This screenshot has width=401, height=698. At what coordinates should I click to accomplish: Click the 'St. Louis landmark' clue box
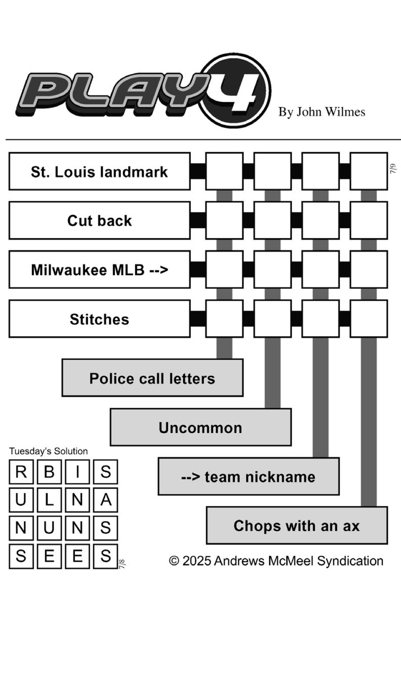(100, 171)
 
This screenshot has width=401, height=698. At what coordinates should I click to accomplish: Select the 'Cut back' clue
(100, 221)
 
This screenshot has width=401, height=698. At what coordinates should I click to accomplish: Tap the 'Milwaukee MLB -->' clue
(100, 270)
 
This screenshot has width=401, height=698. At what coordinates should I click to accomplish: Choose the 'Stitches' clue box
(100, 319)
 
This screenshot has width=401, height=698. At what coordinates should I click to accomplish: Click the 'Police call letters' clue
(152, 378)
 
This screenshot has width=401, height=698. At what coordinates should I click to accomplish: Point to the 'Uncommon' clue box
(201, 427)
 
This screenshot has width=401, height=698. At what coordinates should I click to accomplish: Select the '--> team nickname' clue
(249, 476)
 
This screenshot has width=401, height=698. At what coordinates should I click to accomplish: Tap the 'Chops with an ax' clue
(297, 526)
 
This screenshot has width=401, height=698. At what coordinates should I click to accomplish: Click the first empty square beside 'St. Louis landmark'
(225, 171)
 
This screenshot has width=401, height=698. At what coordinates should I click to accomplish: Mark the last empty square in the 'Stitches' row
(369, 319)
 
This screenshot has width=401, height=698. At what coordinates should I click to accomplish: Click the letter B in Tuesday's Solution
(49, 472)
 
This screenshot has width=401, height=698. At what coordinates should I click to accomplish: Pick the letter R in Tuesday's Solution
(21, 472)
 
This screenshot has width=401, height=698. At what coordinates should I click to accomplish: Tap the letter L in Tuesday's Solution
(49, 500)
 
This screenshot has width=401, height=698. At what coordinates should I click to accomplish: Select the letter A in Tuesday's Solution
(106, 500)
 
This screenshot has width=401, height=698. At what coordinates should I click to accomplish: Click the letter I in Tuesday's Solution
(77, 472)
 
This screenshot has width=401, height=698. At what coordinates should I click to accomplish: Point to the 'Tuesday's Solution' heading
(49, 451)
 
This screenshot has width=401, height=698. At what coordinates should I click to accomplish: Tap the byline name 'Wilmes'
(346, 112)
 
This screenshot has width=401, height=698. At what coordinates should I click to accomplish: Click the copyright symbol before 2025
(174, 561)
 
